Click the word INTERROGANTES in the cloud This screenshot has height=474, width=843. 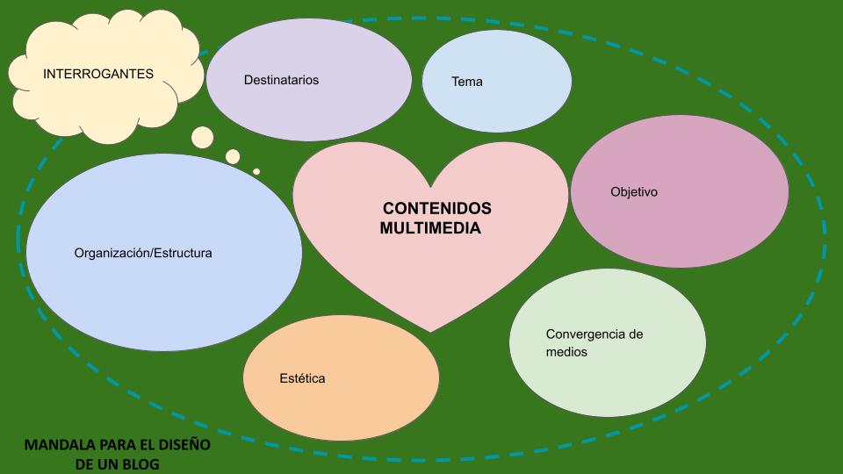point(98,74)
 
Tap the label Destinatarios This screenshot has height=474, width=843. point(281,80)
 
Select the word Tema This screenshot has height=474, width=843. point(467,82)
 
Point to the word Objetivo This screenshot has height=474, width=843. point(634,191)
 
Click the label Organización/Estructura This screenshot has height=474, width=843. point(143,253)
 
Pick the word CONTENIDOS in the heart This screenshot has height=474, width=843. point(437,208)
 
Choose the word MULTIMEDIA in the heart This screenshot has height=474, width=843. point(430,227)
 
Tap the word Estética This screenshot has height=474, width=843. point(302,378)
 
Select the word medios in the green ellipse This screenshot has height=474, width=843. point(566,352)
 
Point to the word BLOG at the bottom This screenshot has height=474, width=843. point(141,463)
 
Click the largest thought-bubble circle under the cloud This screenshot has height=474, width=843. point(203,137)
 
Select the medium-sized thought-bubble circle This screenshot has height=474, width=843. point(233,156)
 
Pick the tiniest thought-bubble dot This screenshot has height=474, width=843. point(256,171)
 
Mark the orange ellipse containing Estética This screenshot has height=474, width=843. point(341,404)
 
